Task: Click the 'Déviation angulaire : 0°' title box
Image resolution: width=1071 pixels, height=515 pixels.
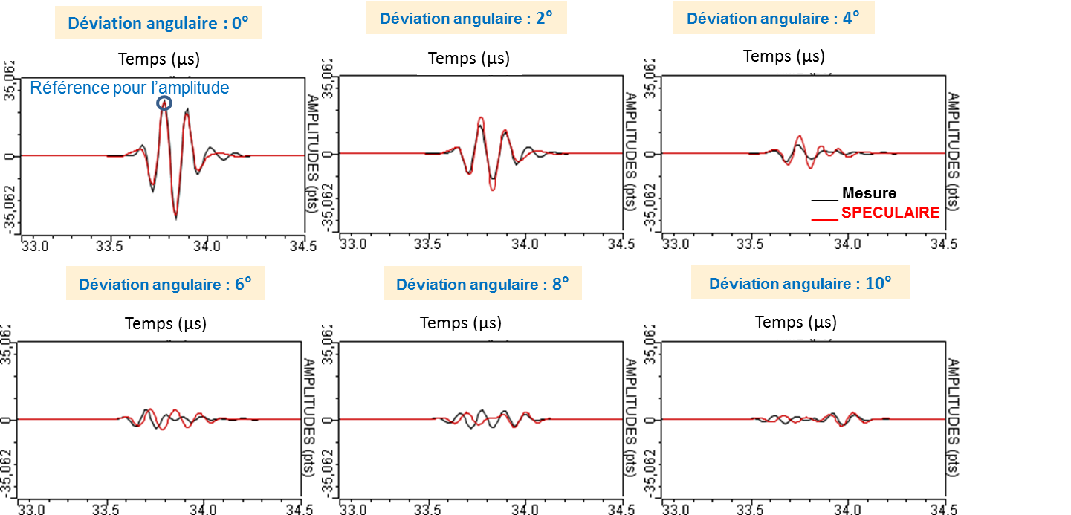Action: point(158,23)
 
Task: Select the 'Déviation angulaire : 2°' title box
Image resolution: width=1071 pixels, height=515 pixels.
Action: point(466,18)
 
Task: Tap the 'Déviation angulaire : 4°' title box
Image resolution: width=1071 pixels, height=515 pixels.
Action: point(773,18)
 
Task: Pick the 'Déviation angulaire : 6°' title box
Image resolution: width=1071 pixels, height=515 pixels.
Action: point(166,284)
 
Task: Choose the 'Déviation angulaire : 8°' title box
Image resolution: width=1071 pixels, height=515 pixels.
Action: point(482,284)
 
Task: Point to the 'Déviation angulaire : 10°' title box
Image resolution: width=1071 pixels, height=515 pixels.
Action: point(800,284)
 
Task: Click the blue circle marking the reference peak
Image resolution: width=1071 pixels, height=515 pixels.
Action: point(164,104)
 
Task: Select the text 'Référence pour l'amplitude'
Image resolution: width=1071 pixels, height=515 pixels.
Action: point(129,88)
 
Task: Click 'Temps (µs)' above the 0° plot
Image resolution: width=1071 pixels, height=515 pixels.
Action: point(159,55)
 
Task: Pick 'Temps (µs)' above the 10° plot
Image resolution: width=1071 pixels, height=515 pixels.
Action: point(796,322)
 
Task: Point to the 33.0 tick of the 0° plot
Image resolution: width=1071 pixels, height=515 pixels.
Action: point(36,245)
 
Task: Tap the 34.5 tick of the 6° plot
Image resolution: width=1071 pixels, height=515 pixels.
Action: point(298,510)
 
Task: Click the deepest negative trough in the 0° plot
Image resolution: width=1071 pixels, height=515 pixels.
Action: point(176,218)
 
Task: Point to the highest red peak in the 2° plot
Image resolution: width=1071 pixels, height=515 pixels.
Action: point(481,117)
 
